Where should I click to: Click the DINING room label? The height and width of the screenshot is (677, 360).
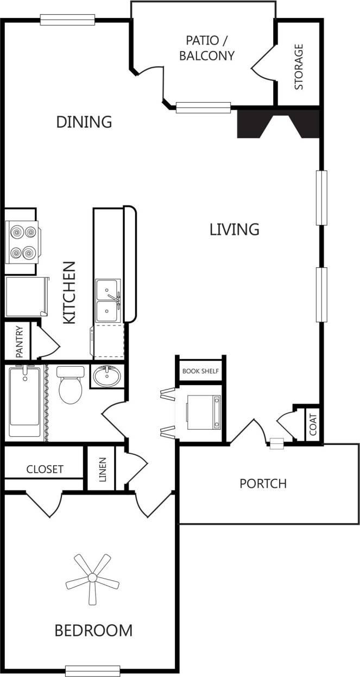[84, 122]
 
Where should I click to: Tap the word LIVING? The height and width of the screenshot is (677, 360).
[234, 229]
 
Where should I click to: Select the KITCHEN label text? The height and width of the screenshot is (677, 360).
[70, 293]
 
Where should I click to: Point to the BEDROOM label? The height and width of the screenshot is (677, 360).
[93, 630]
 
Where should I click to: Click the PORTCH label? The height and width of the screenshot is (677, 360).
[263, 483]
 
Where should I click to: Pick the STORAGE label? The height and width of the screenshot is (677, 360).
[299, 67]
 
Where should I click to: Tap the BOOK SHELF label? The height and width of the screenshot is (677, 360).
[200, 372]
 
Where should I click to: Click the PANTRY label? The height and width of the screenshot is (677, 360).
[19, 342]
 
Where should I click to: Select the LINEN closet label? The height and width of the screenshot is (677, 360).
[103, 468]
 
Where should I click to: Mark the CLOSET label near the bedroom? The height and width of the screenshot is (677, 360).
[45, 469]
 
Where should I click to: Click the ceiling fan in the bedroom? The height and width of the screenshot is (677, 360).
[92, 578]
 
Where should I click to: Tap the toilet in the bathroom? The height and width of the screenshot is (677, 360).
[69, 385]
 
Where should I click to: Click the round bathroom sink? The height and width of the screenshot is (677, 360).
[106, 377]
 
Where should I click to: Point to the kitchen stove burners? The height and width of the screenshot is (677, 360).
[22, 241]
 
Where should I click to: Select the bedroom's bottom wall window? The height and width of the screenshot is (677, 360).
[92, 670]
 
